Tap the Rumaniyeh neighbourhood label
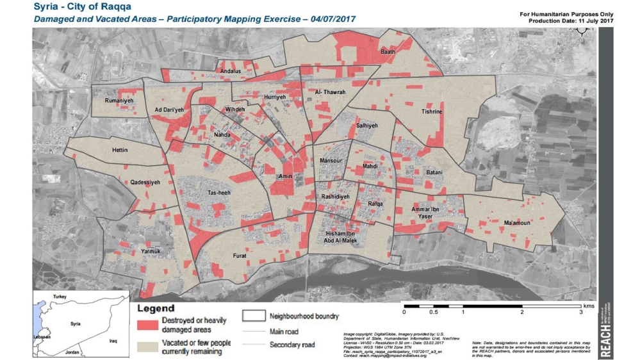pos(119,101)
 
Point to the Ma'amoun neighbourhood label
pos(517,223)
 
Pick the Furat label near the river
pos(239,256)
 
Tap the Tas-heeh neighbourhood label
pos(219,193)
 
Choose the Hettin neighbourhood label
pos(120,151)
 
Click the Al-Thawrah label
pos(331,93)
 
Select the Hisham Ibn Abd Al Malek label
pos(341,238)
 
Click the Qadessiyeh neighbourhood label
pos(145,183)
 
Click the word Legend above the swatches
pos(156,309)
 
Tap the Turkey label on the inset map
pos(60,297)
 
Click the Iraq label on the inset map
pos(113,341)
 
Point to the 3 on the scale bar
pos(580,313)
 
